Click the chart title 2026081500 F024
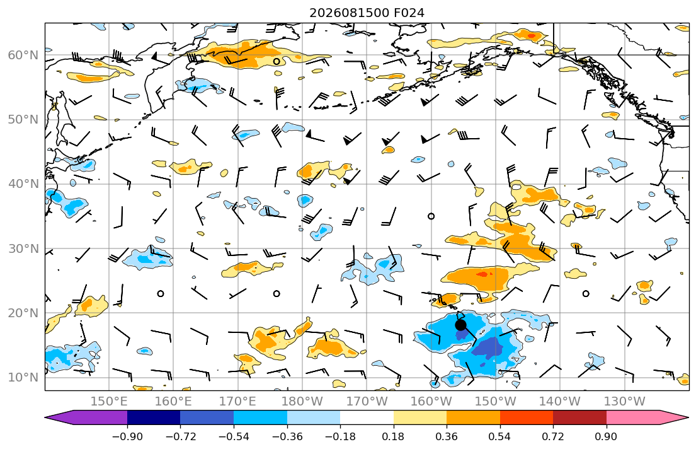pos(367,13)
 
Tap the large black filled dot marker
pos(460,325)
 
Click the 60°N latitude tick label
pos(23,55)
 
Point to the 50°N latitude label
pos(23,120)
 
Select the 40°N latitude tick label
pos(23,184)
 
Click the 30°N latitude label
pos(23,248)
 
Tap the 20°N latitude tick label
pos(23,313)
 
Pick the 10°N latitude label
pos(23,378)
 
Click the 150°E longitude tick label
pos(109,402)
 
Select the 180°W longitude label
pos(303,402)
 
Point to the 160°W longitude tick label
pos(431,402)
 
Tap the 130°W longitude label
pos(625,402)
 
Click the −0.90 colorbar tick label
pos(127,436)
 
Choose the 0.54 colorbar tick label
pos(500,436)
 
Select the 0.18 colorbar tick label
pos(393,436)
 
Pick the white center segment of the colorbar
pos(367,417)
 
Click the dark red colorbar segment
pos(579,417)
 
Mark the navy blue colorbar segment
pos(154,417)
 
